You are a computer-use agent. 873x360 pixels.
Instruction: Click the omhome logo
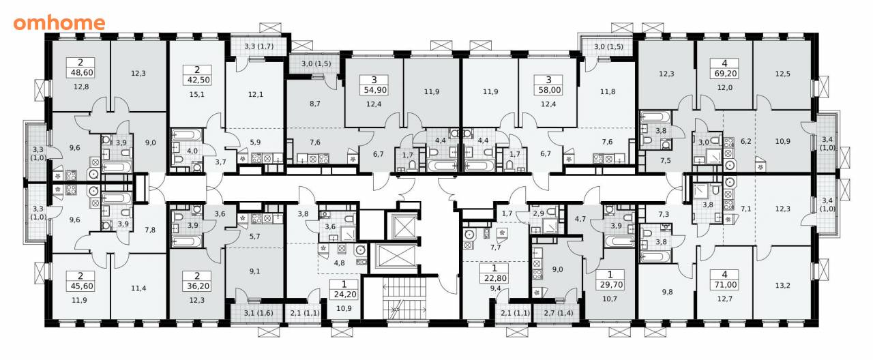click(x=59, y=22)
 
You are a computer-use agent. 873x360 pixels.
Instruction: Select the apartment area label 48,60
click(x=80, y=72)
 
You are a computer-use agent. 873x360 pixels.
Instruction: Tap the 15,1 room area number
click(x=197, y=94)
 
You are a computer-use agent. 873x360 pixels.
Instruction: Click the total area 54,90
click(x=374, y=90)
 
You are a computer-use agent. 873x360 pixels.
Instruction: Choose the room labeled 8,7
click(x=315, y=104)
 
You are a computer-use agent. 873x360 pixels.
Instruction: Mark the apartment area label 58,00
click(x=548, y=90)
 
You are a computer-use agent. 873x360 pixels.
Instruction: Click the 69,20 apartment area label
click(x=724, y=73)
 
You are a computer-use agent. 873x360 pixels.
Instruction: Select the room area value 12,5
click(x=782, y=74)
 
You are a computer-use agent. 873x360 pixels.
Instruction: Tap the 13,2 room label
click(x=782, y=286)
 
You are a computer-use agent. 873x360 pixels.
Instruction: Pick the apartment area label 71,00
click(x=724, y=285)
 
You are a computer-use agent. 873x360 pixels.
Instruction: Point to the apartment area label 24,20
click(x=345, y=294)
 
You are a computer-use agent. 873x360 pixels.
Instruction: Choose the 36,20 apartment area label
click(x=197, y=286)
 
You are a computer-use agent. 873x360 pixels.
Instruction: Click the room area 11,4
click(x=138, y=288)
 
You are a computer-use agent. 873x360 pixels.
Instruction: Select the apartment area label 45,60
click(x=80, y=286)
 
